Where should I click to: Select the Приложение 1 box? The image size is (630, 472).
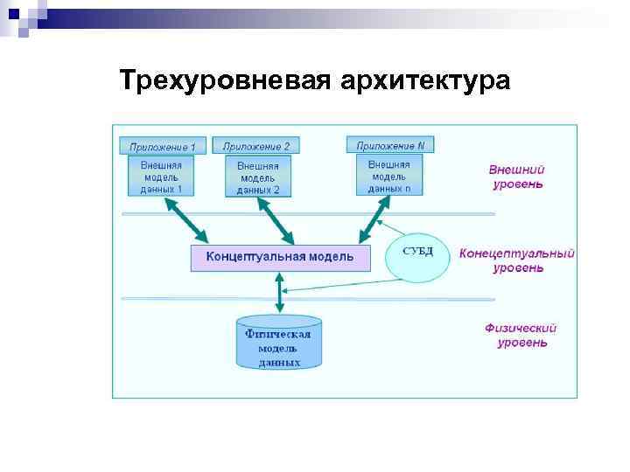tap(162, 146)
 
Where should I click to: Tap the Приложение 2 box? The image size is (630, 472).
tap(256, 145)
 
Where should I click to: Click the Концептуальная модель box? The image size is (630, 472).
tap(280, 257)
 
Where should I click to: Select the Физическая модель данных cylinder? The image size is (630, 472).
tap(279, 343)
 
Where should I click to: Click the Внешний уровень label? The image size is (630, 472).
tap(516, 177)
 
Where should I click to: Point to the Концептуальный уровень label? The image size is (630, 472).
tap(516, 260)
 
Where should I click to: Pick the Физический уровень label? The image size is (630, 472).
tap(521, 336)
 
